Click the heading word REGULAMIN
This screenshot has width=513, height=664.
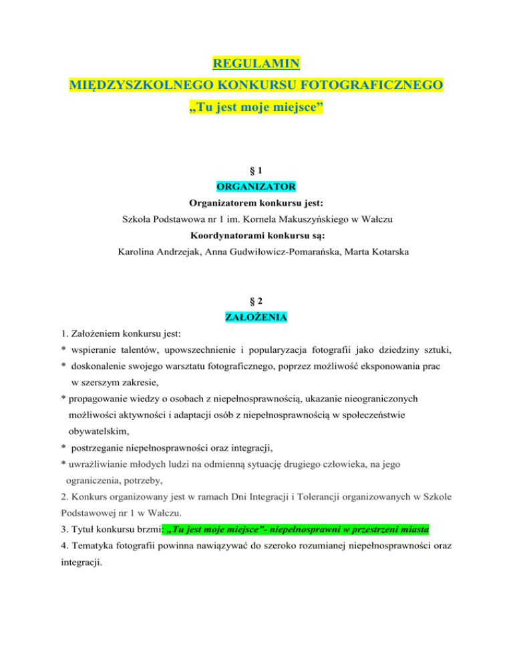click(x=256, y=64)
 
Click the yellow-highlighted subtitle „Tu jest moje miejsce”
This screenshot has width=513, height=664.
click(x=256, y=106)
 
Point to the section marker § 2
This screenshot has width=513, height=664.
click(x=256, y=301)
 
